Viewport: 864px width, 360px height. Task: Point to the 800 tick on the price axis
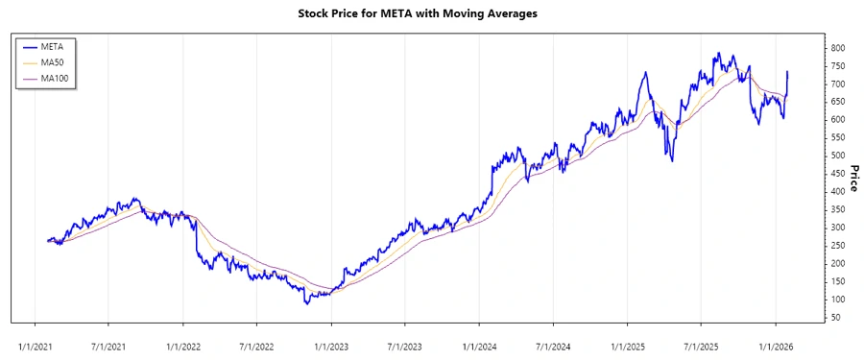[x=838, y=48]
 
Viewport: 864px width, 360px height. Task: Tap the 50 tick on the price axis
[x=836, y=317]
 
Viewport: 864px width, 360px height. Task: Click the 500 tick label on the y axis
[x=838, y=156]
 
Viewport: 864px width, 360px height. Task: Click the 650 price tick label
[x=838, y=102]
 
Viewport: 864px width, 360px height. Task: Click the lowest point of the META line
[x=306, y=304]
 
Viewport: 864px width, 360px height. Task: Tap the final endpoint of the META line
[x=788, y=71]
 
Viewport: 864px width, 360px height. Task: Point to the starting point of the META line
[x=47, y=241]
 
